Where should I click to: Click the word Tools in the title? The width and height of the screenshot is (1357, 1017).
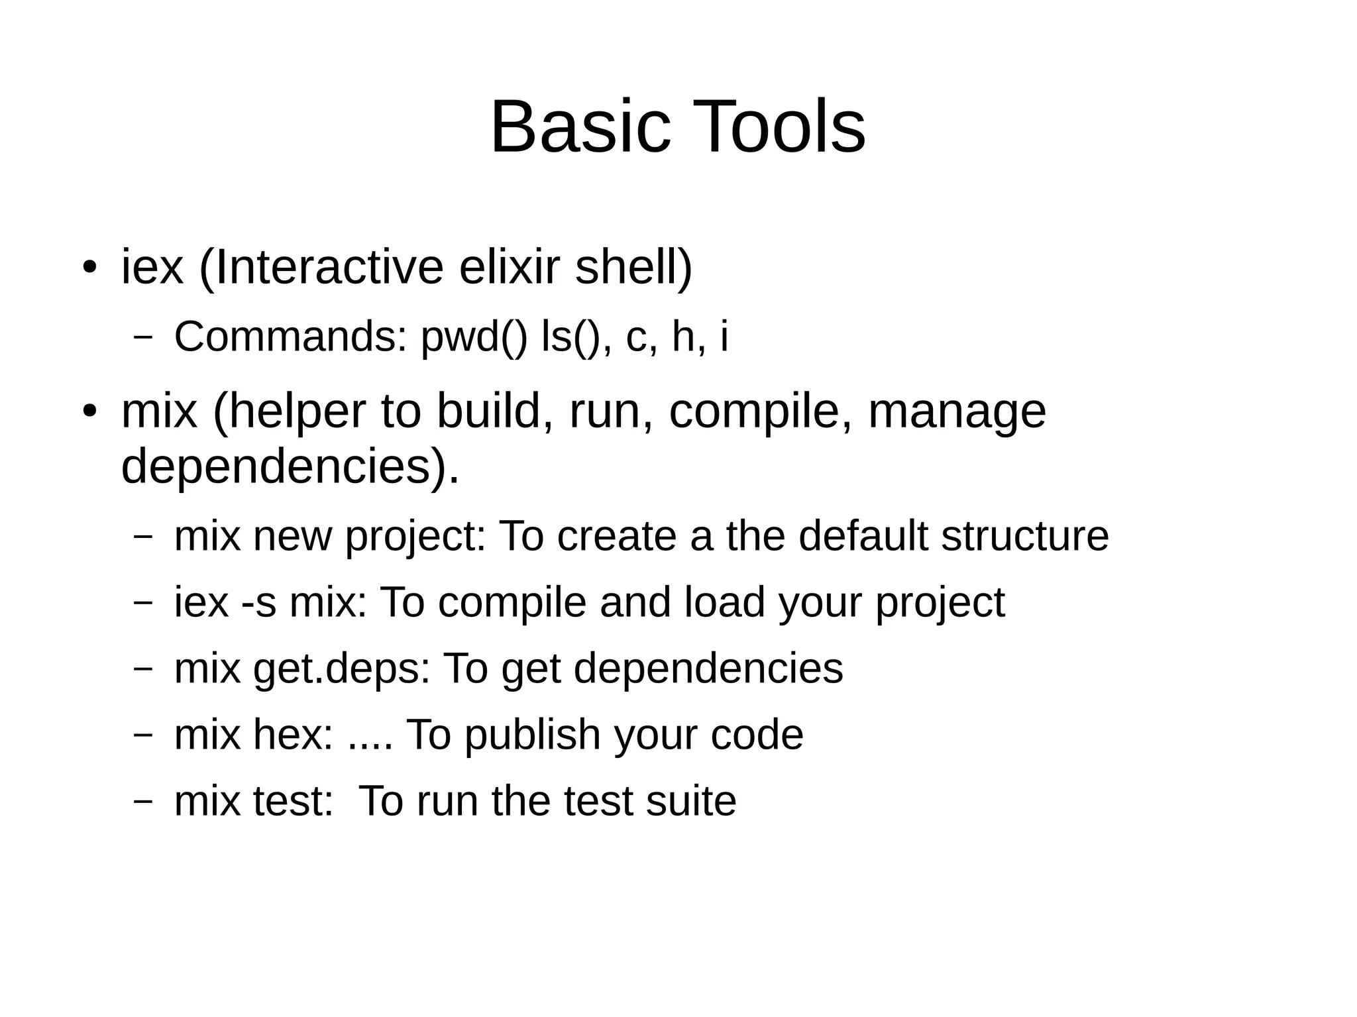tap(779, 127)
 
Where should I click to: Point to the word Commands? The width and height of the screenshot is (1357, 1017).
tap(290, 337)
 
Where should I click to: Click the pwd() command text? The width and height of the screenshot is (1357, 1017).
tap(474, 337)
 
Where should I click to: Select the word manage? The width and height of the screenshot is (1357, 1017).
tap(957, 411)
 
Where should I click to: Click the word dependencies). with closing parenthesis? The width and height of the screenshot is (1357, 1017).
tap(290, 466)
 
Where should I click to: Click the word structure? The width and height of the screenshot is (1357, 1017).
tap(1025, 535)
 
